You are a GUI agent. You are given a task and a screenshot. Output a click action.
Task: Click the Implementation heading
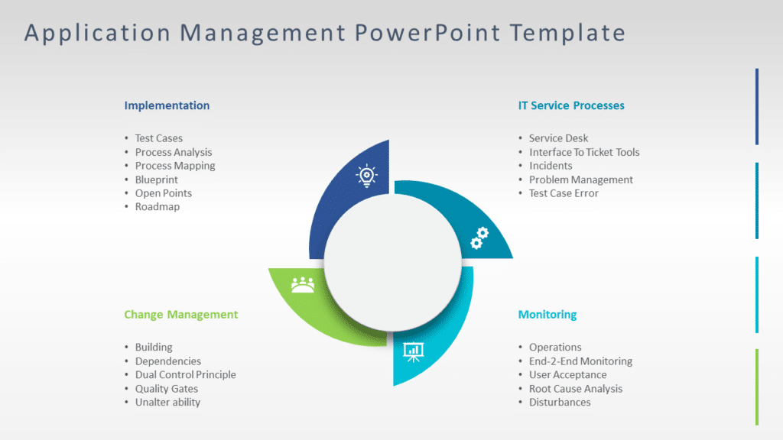click(167, 105)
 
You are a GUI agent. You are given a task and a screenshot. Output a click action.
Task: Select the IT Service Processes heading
click(571, 105)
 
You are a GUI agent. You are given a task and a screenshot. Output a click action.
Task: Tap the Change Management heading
click(180, 314)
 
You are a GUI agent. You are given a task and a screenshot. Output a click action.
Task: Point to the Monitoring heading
click(547, 314)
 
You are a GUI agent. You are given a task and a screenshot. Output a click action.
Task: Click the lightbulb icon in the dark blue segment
click(366, 176)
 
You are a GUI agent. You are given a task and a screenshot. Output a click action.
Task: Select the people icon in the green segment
click(303, 284)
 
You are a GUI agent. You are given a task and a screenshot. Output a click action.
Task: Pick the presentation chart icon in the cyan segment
click(414, 351)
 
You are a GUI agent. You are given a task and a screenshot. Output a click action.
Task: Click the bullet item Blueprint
click(157, 180)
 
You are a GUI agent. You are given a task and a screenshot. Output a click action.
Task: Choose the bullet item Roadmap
click(158, 207)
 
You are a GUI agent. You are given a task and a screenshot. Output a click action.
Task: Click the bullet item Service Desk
click(559, 138)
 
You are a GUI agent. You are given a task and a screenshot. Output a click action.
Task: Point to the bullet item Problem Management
click(581, 180)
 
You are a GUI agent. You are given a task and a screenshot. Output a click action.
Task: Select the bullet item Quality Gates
click(167, 389)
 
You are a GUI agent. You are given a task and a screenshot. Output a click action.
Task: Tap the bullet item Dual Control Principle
click(186, 375)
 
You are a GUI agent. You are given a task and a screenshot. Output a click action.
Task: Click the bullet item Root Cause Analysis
click(576, 389)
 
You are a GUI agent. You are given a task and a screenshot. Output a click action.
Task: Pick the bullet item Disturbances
click(560, 403)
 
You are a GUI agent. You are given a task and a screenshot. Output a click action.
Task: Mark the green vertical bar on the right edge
click(757, 387)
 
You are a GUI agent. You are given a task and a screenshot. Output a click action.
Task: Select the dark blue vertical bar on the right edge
click(757, 106)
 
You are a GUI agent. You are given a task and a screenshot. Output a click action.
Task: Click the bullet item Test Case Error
click(564, 193)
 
